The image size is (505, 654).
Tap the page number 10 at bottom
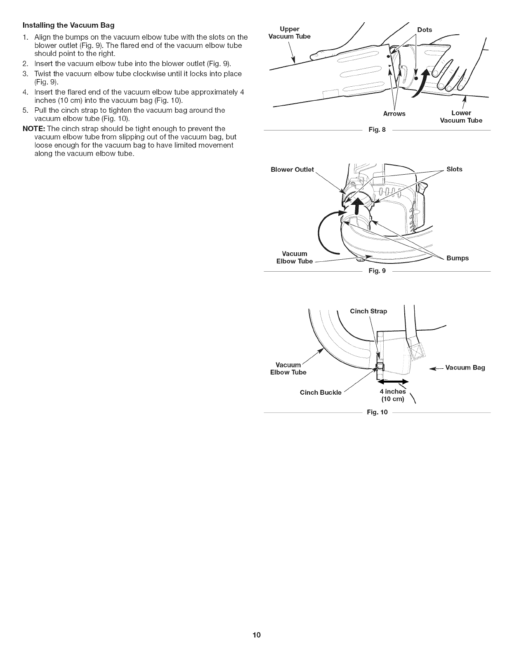coord(252,635)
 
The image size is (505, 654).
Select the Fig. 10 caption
coord(377,412)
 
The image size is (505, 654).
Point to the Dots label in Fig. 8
coord(425,30)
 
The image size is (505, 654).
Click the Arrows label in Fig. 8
coord(394,114)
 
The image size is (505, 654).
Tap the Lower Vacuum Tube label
coord(461,116)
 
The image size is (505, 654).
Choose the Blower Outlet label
coord(292,169)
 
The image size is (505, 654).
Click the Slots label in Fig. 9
coord(454,169)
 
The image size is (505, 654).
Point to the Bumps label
coord(458,258)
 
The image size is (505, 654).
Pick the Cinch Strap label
coord(368,311)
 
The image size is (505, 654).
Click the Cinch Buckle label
coord(321,392)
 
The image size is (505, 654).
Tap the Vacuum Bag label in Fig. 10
coord(465,367)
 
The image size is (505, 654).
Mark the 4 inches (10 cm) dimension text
coord(392,395)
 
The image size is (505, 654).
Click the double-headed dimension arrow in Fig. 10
coord(393,381)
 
